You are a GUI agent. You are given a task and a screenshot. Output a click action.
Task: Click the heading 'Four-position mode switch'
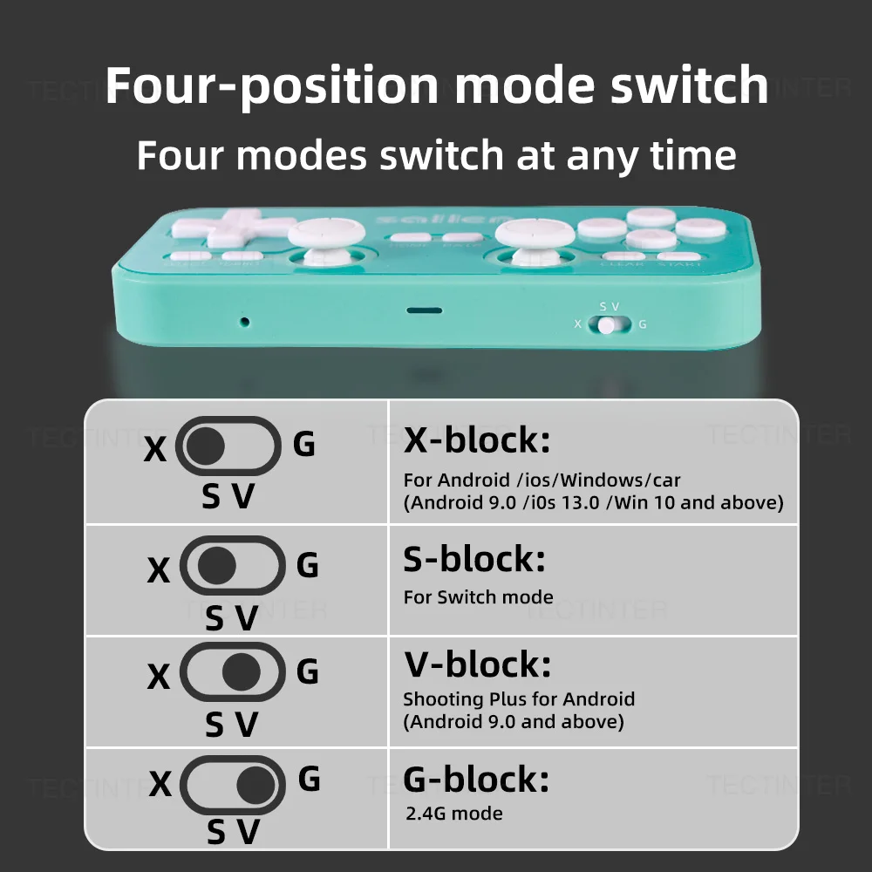tap(436, 85)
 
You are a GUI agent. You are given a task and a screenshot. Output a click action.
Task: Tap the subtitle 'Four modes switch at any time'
tap(436, 155)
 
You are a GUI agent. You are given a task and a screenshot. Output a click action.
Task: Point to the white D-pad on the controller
tap(233, 228)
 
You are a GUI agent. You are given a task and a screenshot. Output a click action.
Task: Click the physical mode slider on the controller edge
tap(609, 325)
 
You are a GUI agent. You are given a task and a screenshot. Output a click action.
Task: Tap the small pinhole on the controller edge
tap(244, 322)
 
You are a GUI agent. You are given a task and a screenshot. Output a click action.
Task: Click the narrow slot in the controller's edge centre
tap(425, 310)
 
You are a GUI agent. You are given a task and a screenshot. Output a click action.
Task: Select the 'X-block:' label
tap(477, 440)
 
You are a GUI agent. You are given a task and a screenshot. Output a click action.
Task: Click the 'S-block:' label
tap(473, 559)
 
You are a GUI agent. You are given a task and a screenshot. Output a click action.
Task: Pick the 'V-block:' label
tap(477, 665)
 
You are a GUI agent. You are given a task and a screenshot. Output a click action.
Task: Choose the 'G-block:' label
tap(476, 779)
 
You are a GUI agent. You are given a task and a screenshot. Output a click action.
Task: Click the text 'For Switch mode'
tap(478, 597)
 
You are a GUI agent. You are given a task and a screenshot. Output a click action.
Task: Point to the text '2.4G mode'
tap(454, 814)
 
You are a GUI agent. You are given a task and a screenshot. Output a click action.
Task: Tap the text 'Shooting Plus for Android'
tap(519, 699)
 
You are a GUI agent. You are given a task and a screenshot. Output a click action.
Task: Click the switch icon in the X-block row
tap(228, 446)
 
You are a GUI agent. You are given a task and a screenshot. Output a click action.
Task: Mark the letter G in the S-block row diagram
tap(308, 566)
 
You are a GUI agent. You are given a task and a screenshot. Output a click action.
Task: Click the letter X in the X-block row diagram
tap(155, 449)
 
